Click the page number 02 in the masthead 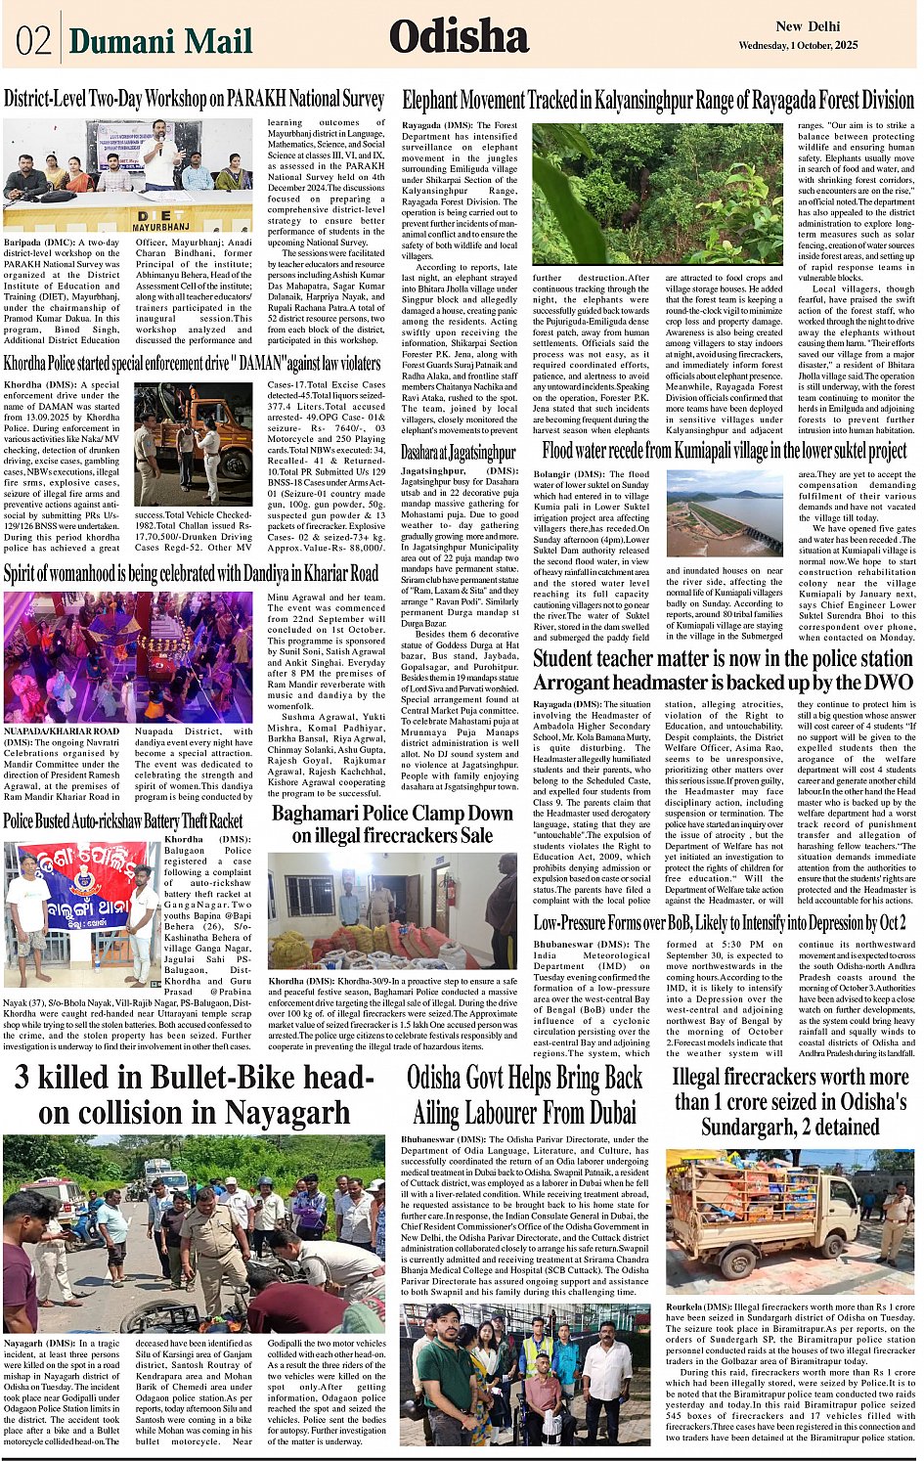[32, 41]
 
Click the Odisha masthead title [459, 38]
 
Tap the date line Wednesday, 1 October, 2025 [798, 46]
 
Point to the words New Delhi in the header [808, 26]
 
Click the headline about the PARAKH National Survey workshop [194, 99]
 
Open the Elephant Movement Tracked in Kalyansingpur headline [657, 100]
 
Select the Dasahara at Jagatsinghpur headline [458, 453]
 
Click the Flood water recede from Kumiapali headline [725, 451]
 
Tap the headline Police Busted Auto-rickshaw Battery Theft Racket [123, 820]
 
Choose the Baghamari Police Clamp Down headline [392, 824]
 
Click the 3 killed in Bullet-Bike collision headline [195, 1094]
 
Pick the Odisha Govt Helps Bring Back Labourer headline [525, 1094]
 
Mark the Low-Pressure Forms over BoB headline [720, 922]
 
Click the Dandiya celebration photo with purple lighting [128, 656]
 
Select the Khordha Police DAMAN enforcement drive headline [192, 364]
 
